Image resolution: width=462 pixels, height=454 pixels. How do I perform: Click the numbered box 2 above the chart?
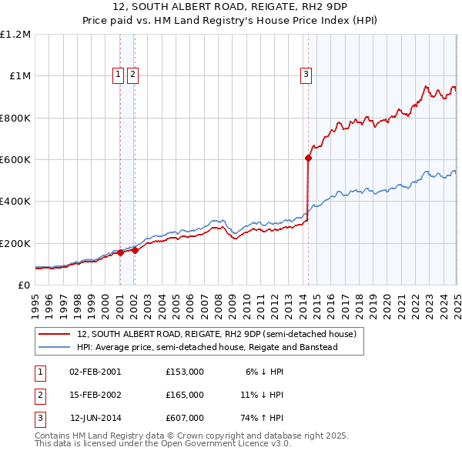tap(132, 75)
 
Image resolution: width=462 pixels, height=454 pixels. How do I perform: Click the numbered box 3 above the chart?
tap(306, 75)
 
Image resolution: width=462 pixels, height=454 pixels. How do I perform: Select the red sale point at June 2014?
tap(308, 158)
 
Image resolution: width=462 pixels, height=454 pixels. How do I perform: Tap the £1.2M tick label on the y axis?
tap(15, 35)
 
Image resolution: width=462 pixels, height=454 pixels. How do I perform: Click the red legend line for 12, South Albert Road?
tap(55, 335)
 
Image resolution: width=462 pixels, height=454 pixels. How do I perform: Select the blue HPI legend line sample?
tap(55, 347)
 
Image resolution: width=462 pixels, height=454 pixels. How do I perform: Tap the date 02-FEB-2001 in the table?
tap(95, 371)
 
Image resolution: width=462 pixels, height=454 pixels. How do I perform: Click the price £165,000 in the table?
tap(185, 395)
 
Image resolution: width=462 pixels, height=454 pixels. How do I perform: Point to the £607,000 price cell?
tap(185, 419)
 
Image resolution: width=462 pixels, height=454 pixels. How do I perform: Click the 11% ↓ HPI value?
tap(262, 395)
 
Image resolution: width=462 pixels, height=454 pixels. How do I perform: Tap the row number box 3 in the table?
tap(38, 419)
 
